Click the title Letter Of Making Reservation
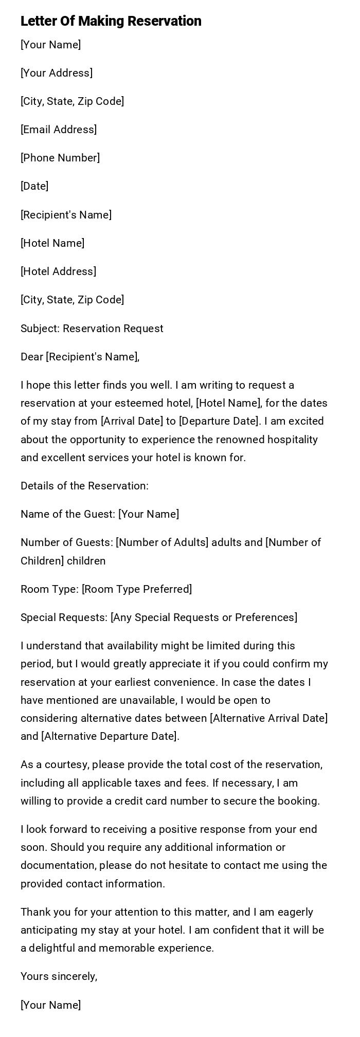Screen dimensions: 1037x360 111,21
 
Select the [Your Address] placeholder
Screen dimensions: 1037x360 57,73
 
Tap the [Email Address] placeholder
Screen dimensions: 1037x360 59,130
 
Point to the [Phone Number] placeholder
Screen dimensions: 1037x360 60,158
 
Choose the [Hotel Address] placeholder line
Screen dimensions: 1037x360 58,271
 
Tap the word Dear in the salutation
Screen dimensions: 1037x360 32,357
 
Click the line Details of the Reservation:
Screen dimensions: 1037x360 84,486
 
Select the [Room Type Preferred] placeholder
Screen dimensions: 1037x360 137,589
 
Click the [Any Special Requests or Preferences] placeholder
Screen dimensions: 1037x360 204,617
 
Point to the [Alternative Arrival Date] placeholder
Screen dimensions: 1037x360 268,718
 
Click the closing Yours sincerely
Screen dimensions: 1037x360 59,976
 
